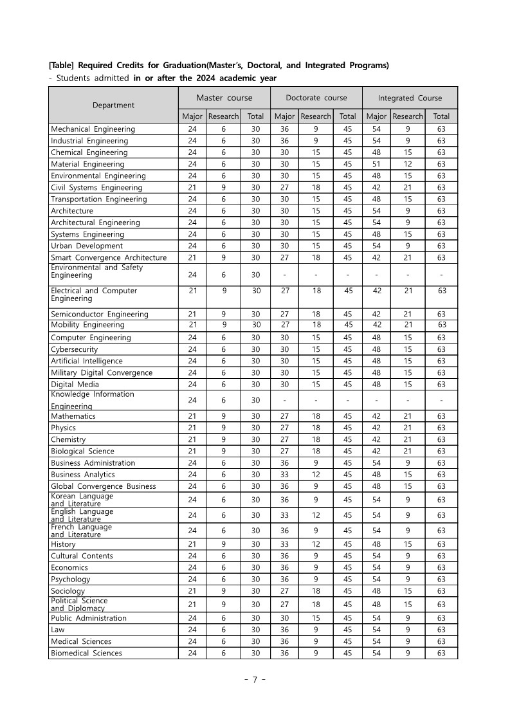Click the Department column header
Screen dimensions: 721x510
pos(113,105)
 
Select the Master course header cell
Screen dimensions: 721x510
pos(224,98)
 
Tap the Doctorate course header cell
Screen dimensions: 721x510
pos(316,98)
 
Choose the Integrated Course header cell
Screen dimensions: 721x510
pos(410,98)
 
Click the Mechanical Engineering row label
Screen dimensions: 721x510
pos(93,129)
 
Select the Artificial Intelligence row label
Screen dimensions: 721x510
pos(86,361)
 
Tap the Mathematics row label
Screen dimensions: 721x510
pos(73,416)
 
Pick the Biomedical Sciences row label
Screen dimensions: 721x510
pos(86,653)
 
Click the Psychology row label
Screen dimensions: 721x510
pos(70,579)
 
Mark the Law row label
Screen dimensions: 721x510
pos(58,630)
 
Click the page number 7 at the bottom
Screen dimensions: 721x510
pos(255,680)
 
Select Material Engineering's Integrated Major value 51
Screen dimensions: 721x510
pos(376,164)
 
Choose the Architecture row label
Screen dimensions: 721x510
pos(71,211)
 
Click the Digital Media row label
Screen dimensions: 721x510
pos(75,385)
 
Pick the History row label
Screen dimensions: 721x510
pos(63,544)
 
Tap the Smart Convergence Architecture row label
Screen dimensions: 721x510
pos(108,257)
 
